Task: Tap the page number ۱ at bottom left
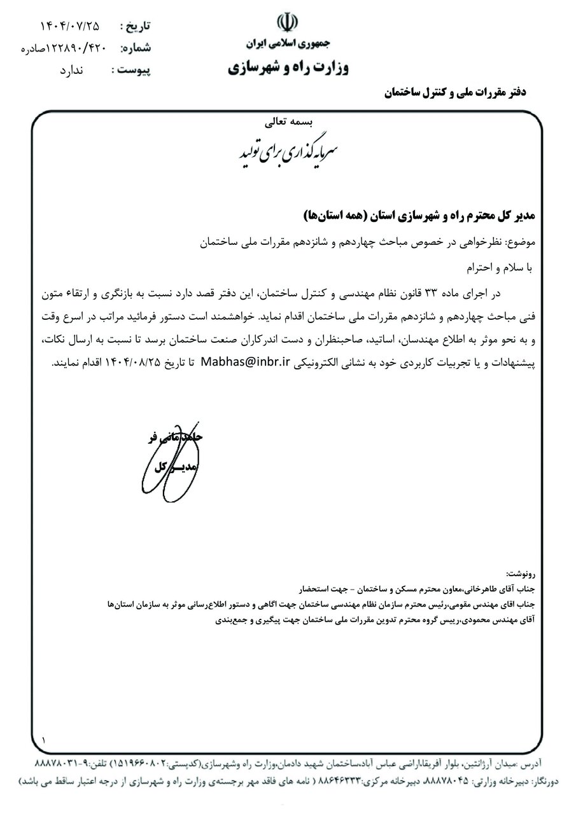click(43, 740)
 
